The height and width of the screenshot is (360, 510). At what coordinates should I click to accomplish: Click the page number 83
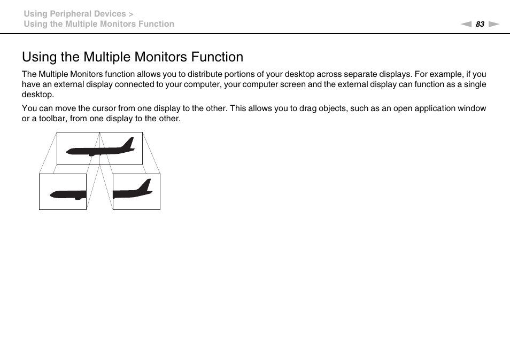480,24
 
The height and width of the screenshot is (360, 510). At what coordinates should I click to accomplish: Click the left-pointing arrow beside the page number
467,24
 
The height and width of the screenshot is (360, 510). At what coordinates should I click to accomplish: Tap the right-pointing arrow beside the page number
493,24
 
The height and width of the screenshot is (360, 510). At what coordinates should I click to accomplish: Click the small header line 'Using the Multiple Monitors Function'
99,24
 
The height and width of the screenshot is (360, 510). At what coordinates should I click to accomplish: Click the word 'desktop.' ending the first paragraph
38,95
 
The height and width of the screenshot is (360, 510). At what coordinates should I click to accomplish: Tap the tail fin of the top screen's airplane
128,143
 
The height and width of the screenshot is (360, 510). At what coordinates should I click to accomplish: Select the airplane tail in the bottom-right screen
145,186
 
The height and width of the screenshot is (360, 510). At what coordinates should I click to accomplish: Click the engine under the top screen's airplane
91,154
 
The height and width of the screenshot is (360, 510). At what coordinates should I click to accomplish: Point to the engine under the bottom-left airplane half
78,198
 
